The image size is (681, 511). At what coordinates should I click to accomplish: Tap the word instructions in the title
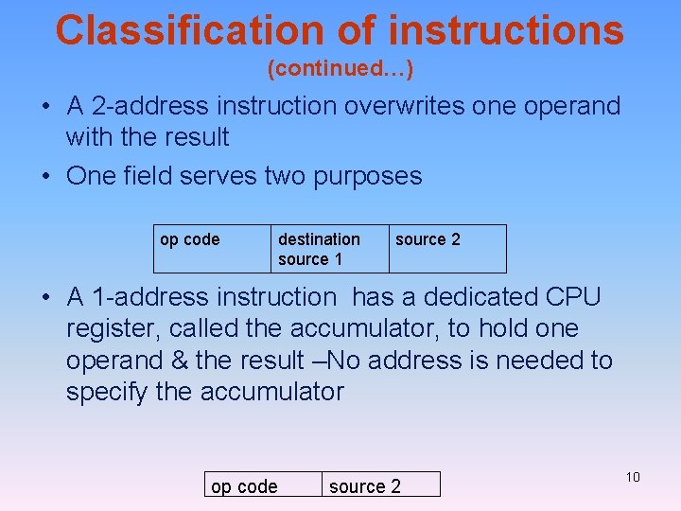(505, 30)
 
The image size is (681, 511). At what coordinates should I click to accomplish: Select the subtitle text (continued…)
(340, 69)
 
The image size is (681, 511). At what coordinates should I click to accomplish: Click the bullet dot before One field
(45, 177)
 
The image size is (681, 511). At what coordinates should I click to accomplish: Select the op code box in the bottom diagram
(262, 485)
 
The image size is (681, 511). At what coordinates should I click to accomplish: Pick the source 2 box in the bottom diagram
(380, 485)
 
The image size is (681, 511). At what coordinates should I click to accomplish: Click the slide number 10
(633, 477)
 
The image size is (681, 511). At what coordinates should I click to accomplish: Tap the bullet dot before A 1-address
(45, 298)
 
